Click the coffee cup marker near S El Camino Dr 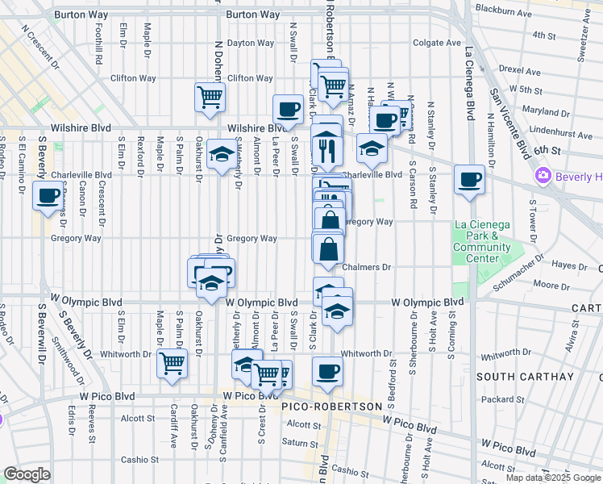(48, 194)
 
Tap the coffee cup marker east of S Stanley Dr (468, 180)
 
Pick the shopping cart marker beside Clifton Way (210, 97)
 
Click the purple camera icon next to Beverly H (543, 175)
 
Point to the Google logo (27, 475)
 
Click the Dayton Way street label (245, 43)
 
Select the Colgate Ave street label (436, 43)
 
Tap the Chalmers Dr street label (366, 267)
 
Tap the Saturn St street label (300, 442)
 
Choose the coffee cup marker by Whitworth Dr (327, 372)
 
